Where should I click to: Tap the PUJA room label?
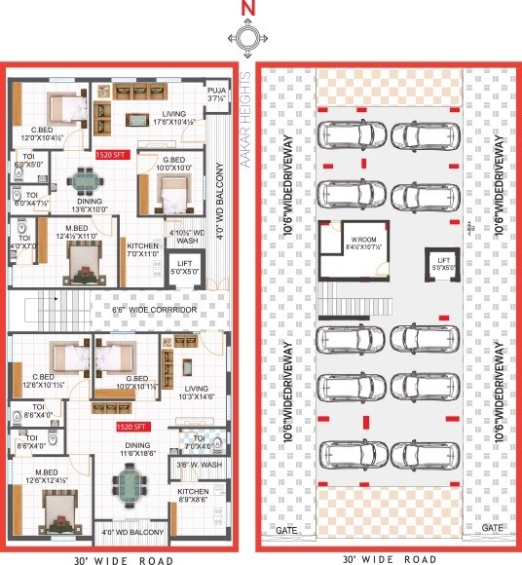click(216, 94)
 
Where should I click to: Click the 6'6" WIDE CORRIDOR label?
click(154, 310)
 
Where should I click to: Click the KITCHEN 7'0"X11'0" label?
click(139, 250)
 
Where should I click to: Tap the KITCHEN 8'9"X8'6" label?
click(193, 498)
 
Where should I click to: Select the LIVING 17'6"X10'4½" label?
click(173, 117)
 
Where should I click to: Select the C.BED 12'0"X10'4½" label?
click(42, 134)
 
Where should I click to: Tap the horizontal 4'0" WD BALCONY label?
click(130, 533)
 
